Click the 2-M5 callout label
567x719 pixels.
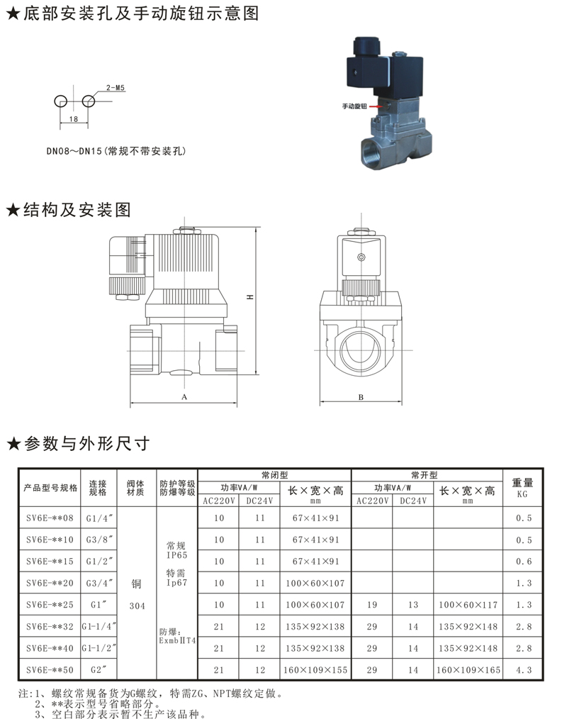click(x=115, y=88)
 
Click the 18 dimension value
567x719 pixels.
click(x=73, y=118)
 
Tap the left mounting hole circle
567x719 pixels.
click(x=60, y=101)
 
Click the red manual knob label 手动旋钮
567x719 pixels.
click(x=354, y=106)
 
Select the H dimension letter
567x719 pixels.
click(x=250, y=297)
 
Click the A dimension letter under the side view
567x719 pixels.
click(x=184, y=396)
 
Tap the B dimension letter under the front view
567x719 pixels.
click(x=361, y=397)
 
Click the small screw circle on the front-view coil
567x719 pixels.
click(x=361, y=257)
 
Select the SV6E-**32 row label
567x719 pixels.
click(x=50, y=626)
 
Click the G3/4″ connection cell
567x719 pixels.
click(x=99, y=583)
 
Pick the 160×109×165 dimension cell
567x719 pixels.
click(x=468, y=670)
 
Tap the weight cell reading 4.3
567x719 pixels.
click(x=524, y=670)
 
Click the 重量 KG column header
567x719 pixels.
click(x=522, y=487)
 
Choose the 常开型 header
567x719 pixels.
click(x=424, y=475)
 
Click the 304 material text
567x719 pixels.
click(x=137, y=606)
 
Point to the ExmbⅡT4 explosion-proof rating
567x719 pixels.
click(x=177, y=640)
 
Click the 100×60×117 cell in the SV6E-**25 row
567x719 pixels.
click(x=468, y=605)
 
